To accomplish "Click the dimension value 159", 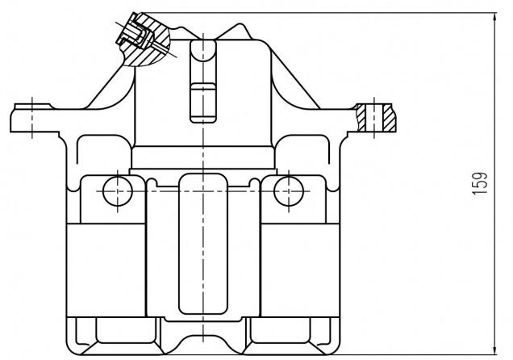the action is tap(480, 183).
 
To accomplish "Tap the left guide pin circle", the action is tap(118, 191).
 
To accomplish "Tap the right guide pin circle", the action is tap(289, 191).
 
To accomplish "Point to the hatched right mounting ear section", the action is tap(377, 118).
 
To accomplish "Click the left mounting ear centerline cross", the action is tap(32, 118).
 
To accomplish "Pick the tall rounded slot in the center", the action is tap(203, 244).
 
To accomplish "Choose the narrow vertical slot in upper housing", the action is tap(203, 82).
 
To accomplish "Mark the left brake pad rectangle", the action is tap(106, 270).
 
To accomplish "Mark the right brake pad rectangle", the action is tap(300, 270).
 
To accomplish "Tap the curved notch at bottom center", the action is tap(203, 345).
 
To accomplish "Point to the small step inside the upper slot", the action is tap(203, 86).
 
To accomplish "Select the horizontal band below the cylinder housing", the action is tap(203, 157).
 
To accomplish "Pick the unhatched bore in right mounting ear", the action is tap(374, 118).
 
